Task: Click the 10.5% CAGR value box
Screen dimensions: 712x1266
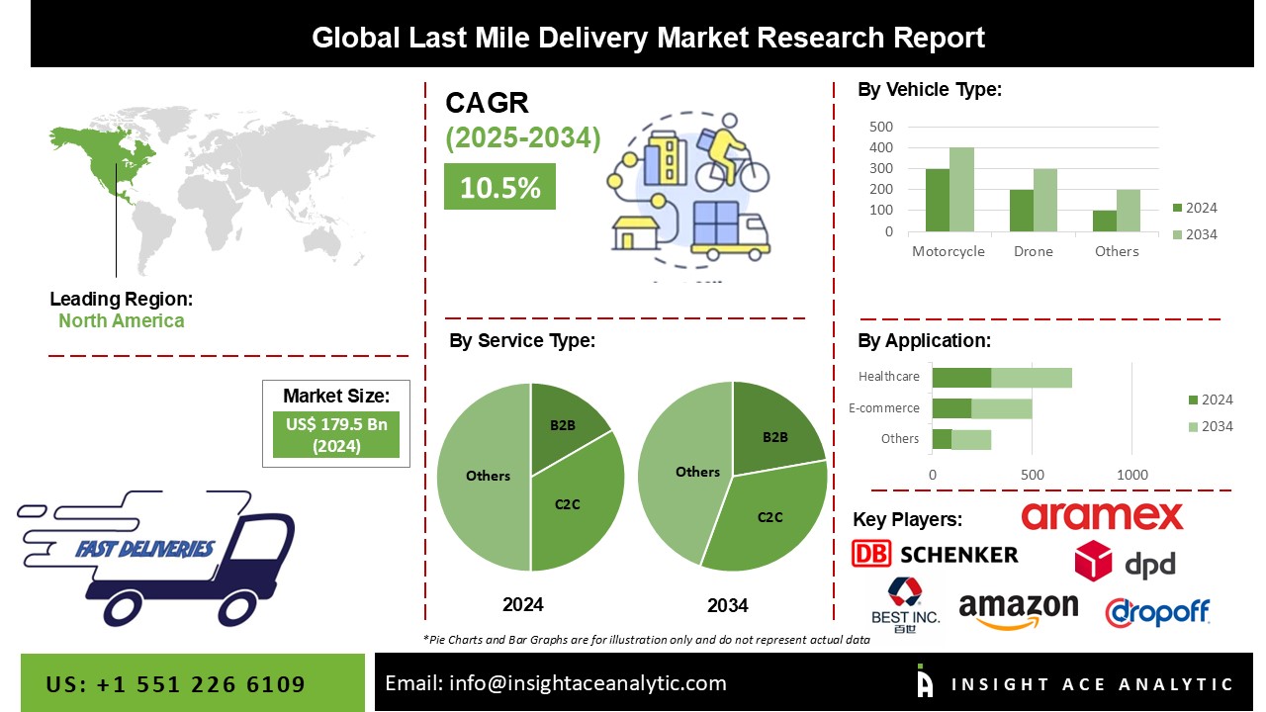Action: pos(499,186)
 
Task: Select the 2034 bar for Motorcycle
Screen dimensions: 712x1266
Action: pos(961,190)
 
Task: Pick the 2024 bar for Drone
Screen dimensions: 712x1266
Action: pos(1021,211)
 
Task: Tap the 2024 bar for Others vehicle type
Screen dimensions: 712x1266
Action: pos(1104,222)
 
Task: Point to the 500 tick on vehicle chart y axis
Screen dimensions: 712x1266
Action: pos(881,127)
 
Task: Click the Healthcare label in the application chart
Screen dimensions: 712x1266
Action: pos(889,377)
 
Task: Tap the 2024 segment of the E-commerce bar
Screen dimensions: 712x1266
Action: pos(951,408)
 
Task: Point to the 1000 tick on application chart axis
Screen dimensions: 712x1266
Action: pos(1132,475)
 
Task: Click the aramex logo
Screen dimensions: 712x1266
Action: pos(1102,516)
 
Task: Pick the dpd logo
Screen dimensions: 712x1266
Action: pos(1126,562)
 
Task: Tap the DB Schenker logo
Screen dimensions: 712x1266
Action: pos(935,554)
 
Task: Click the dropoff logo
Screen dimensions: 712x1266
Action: pos(1157,612)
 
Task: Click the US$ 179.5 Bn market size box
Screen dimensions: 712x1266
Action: pos(336,435)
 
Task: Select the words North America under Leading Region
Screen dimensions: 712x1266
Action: pos(121,320)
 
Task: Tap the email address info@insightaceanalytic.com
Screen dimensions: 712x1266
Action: pos(555,682)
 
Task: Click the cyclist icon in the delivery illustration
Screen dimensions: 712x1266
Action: pos(729,158)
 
